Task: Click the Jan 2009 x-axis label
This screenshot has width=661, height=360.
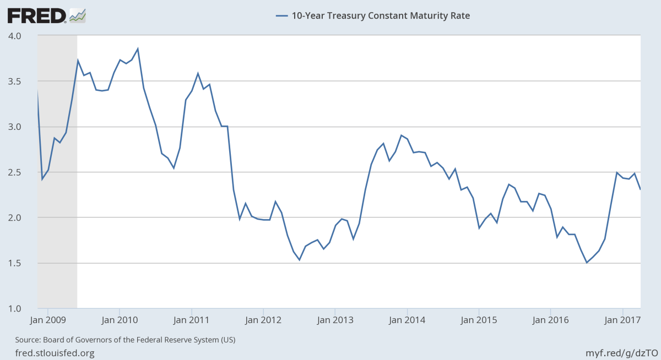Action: click(x=47, y=320)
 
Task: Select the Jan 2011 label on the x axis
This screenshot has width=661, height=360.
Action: click(x=191, y=320)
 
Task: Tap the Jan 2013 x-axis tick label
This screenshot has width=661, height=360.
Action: click(x=335, y=320)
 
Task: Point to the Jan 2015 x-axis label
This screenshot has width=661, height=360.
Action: click(x=479, y=320)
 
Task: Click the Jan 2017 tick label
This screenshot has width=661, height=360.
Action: click(x=622, y=320)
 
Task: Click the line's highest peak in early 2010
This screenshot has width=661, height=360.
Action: click(x=138, y=49)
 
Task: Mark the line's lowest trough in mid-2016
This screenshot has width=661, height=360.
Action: click(x=587, y=263)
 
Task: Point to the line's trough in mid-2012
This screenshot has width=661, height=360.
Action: click(x=299, y=260)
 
